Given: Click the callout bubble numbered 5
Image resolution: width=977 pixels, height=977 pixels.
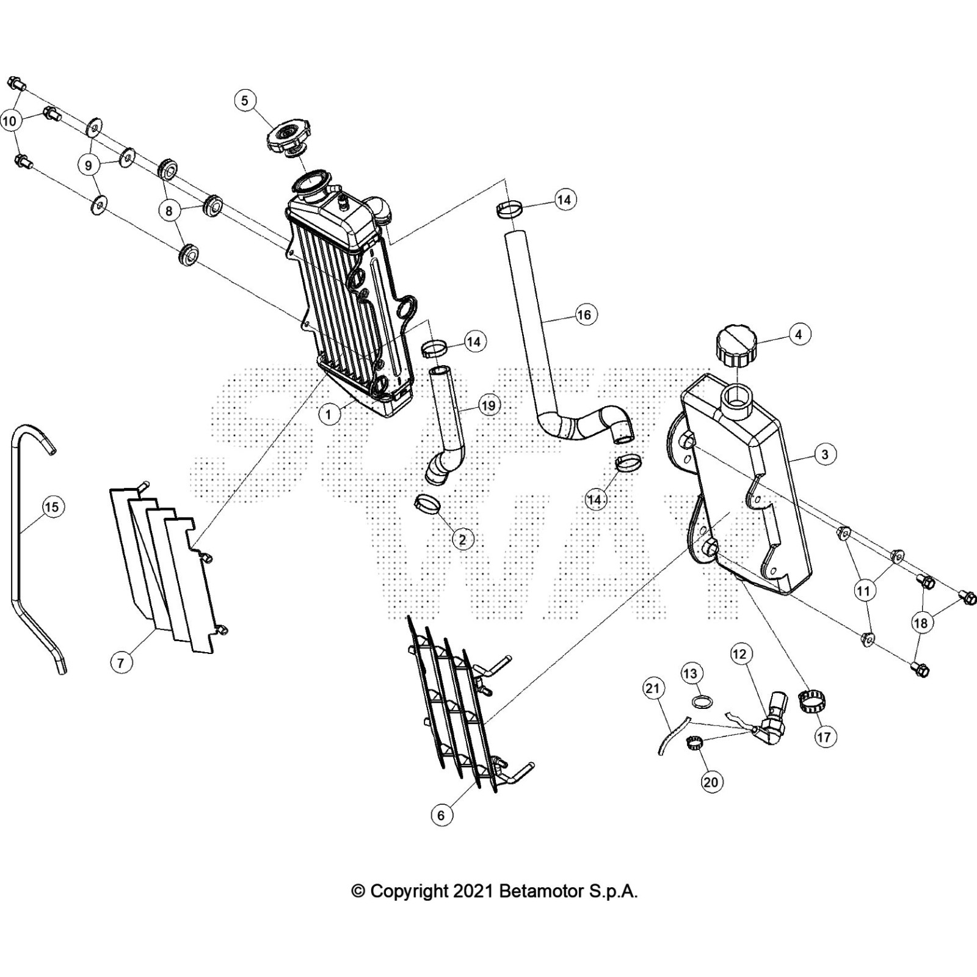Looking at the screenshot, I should click(245, 101).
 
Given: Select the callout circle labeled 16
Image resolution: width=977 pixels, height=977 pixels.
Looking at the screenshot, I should click(584, 314).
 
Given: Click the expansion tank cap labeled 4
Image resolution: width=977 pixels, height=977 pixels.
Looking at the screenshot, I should click(732, 346).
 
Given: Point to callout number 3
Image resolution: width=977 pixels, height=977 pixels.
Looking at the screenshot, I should click(825, 454).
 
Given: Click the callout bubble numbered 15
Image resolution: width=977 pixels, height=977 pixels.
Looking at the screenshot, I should click(52, 507).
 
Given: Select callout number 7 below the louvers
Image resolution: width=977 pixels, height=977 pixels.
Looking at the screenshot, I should click(122, 662).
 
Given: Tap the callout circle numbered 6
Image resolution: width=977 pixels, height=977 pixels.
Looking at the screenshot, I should click(441, 815).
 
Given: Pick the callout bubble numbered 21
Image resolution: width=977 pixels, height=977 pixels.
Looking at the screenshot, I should click(653, 689).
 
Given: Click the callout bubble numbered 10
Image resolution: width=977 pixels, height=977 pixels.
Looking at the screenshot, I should click(10, 122).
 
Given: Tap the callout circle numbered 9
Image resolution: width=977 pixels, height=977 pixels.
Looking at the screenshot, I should click(89, 165).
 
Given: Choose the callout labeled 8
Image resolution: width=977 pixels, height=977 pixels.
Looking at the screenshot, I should click(169, 211).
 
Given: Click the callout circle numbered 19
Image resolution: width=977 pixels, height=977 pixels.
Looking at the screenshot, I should click(488, 405).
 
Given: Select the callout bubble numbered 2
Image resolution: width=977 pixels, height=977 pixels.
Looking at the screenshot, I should click(462, 540).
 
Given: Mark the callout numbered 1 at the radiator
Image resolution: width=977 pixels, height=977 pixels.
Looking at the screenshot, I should click(329, 415).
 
